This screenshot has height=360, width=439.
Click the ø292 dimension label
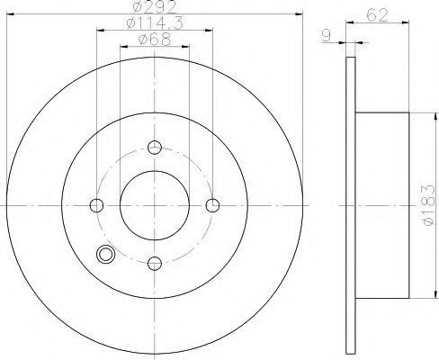(154, 9)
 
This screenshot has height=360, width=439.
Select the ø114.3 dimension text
(154, 24)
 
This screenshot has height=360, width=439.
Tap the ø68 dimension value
(154, 39)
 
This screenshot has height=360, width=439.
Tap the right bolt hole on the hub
(212, 205)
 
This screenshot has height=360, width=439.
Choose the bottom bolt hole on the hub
(155, 263)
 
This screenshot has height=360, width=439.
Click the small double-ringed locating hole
(107, 255)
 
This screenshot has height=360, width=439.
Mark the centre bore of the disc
(155, 205)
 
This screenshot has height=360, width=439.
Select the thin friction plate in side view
(349, 205)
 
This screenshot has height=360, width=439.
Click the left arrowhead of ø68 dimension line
(124, 45)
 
